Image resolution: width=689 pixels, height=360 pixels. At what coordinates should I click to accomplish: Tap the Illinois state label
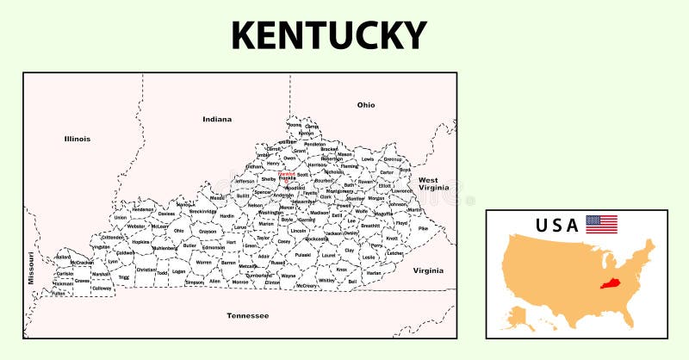coord(77,139)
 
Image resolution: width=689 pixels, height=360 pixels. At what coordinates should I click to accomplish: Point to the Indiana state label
coord(217,119)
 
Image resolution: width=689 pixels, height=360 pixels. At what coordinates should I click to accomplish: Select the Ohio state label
coord(366,105)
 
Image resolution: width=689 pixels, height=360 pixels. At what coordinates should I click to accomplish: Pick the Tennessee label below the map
coord(247,316)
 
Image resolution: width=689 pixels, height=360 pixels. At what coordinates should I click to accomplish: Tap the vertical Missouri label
coord(31,268)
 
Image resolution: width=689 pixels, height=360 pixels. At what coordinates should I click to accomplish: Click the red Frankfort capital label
coord(287,173)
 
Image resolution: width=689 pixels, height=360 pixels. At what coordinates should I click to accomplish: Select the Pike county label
coord(423,229)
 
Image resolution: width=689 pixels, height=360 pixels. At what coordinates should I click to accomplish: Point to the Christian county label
coord(146,270)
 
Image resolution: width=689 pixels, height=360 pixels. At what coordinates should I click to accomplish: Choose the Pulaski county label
coord(302,255)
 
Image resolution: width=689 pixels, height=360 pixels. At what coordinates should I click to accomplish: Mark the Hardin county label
coord(227,217)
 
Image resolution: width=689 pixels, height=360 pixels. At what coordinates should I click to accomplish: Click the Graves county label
coord(83,280)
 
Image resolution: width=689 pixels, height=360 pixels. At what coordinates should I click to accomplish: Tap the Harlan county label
coord(373,272)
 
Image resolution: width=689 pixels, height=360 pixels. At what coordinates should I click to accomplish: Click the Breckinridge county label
coord(203,211)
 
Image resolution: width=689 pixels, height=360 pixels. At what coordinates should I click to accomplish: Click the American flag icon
coord(601,225)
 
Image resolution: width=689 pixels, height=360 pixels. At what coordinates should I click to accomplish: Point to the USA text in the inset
coord(556,226)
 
